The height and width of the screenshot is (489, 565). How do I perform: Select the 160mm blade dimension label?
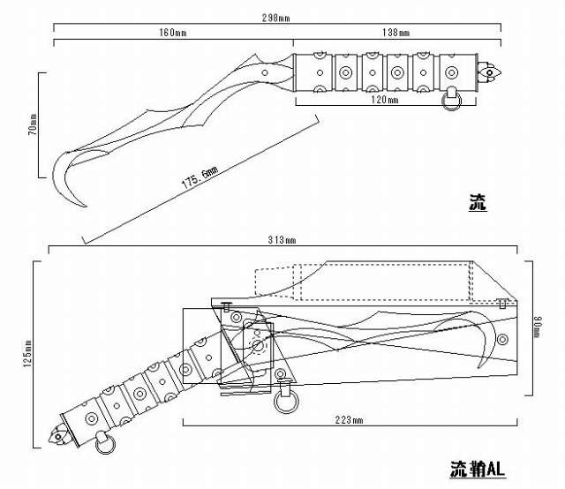[x=172, y=33]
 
